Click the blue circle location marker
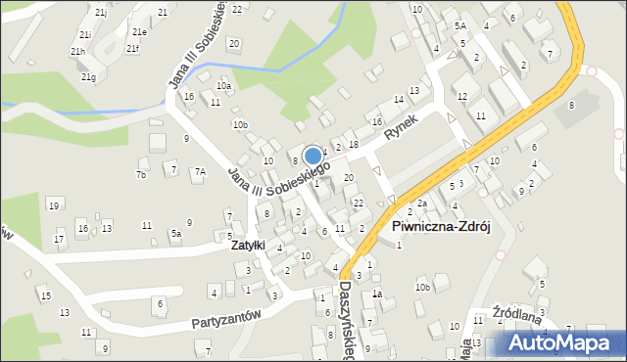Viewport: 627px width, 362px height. click(x=313, y=156)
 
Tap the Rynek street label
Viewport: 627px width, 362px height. click(x=402, y=127)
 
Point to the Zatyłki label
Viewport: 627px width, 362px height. click(x=247, y=246)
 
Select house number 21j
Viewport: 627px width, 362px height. click(x=100, y=12)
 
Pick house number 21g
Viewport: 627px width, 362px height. click(x=88, y=76)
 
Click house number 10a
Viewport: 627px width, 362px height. click(x=224, y=86)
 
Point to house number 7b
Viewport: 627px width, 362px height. click(x=141, y=175)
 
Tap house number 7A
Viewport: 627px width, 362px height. click(x=200, y=172)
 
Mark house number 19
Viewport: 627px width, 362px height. click(x=53, y=204)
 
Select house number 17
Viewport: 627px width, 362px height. click(x=60, y=239)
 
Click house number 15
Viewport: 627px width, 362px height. click(x=44, y=294)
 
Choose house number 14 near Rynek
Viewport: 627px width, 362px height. click(x=399, y=100)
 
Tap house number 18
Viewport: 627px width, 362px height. click(x=354, y=144)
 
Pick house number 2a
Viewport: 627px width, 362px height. click(x=421, y=204)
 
